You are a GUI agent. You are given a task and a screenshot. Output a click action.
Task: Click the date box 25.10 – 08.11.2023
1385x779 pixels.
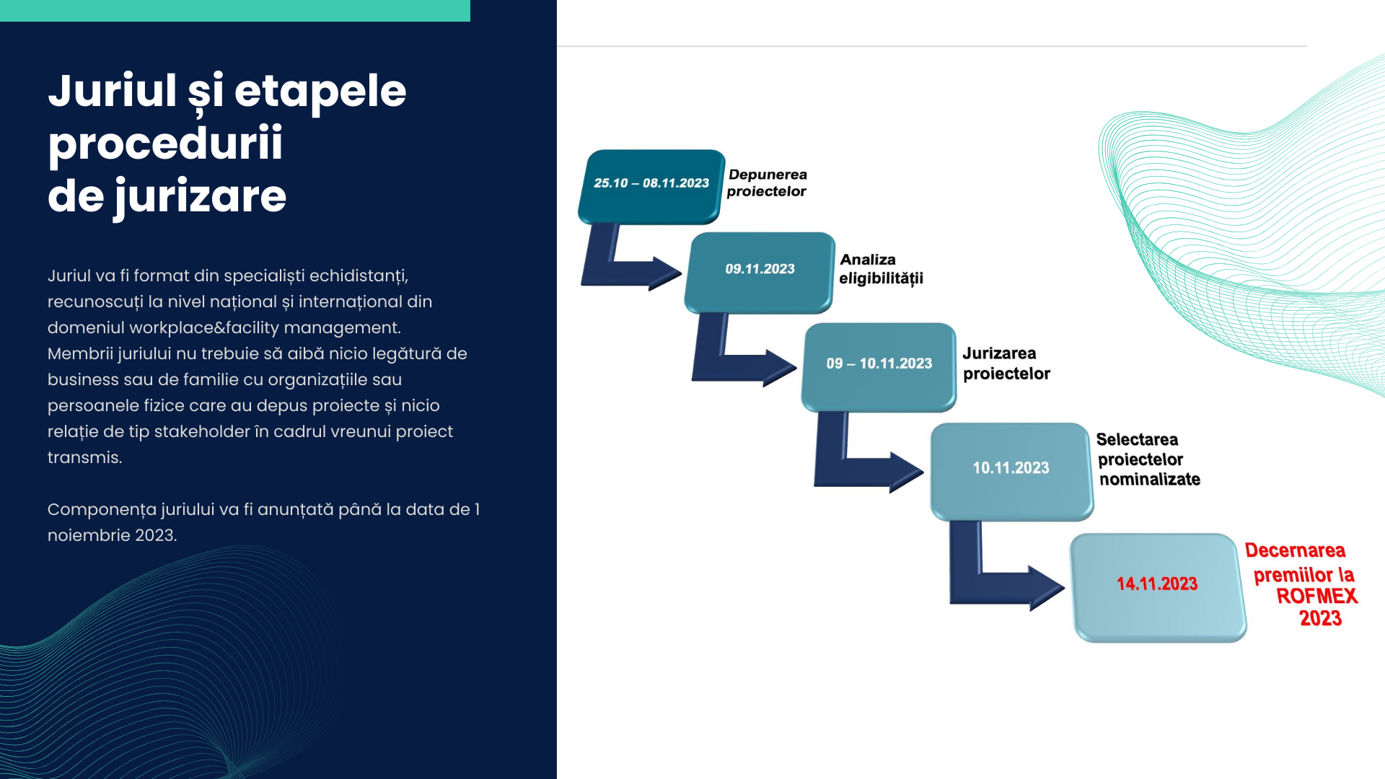coord(651,186)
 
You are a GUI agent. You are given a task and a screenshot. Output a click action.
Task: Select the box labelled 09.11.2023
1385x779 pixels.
coord(760,273)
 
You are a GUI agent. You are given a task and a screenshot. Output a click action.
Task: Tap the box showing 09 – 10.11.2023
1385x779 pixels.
coord(879,367)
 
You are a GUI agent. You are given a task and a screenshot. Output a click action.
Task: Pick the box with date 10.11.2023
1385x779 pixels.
coord(1011,472)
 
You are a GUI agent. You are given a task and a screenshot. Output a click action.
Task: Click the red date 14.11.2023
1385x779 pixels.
coord(1157,584)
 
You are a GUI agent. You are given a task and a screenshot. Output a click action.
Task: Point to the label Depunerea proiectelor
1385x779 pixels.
coord(767,183)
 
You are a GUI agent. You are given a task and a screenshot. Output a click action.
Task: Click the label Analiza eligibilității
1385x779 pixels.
coord(881,269)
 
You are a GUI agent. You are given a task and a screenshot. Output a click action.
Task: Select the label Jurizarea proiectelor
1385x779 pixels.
coord(1006,364)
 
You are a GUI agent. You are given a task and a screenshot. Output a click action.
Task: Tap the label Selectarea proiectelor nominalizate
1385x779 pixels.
coord(1148,459)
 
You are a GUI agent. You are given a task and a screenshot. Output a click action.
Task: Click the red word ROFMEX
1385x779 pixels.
coord(1317,597)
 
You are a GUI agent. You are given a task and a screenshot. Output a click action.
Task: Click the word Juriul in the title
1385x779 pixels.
coord(113,91)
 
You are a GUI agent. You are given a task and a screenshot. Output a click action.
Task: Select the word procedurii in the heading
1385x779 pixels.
coord(165,144)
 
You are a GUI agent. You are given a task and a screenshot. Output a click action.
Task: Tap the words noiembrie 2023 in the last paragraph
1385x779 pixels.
coord(113,536)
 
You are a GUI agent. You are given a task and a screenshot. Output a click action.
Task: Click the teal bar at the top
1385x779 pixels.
coord(235,11)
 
